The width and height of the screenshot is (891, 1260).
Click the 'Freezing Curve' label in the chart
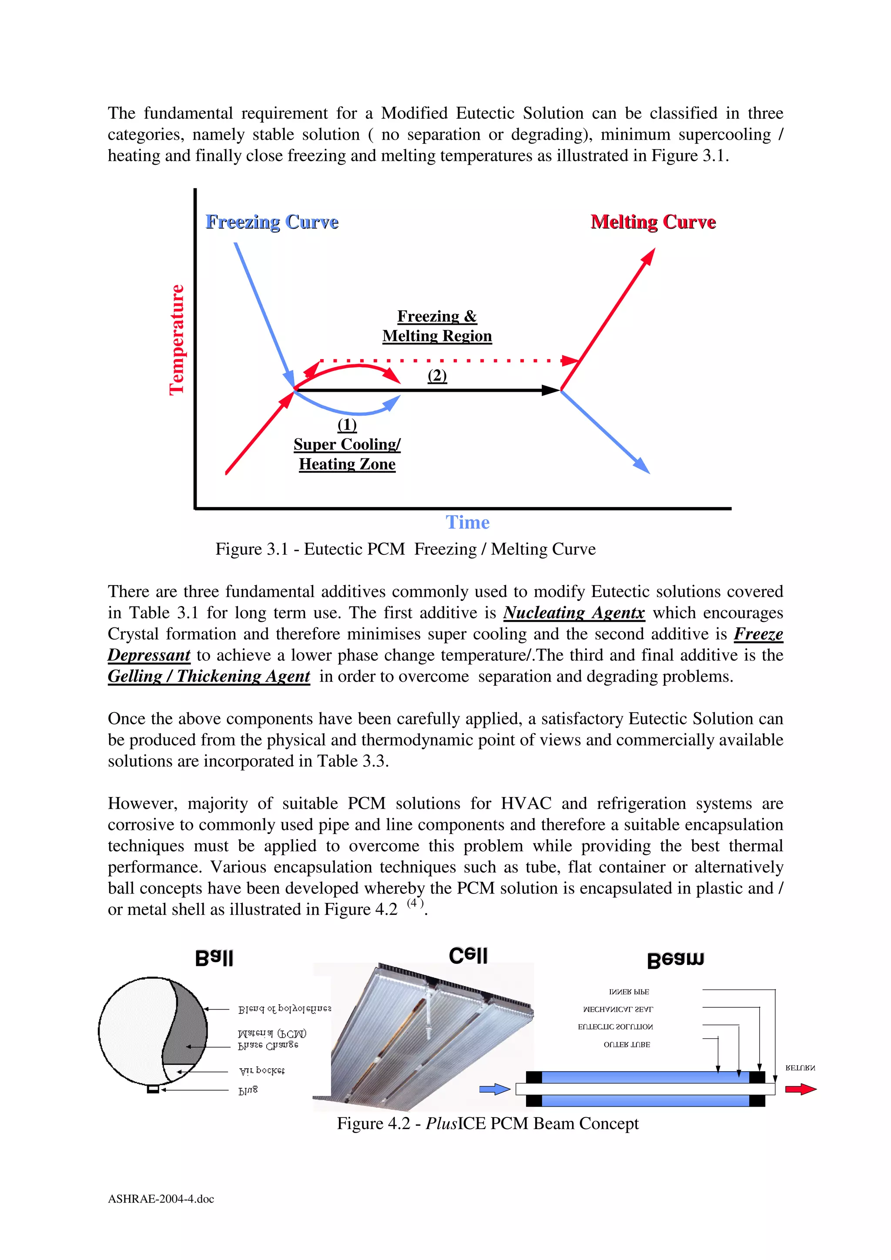272,222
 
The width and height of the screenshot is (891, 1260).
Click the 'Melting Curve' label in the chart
653,222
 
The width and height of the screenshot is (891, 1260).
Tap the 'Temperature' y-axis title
176,339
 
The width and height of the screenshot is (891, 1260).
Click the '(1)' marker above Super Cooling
347,424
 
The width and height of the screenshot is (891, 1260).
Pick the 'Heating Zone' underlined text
347,464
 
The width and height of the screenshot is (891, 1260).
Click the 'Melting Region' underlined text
437,336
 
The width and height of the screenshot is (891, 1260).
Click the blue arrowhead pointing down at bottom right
642,466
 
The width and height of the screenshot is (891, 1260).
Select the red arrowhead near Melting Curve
649,256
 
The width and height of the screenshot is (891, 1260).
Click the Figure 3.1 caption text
405,549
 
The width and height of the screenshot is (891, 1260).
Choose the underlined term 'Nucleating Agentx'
574,613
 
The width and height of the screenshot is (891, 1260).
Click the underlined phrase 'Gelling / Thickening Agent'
209,676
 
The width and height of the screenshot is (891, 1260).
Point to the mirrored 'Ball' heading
214,958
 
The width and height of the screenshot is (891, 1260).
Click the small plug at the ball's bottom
153,1089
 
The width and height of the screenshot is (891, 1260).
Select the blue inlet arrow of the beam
495,1089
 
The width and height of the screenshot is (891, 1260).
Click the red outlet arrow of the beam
801,1089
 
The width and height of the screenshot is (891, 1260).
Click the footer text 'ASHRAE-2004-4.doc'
161,1199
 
